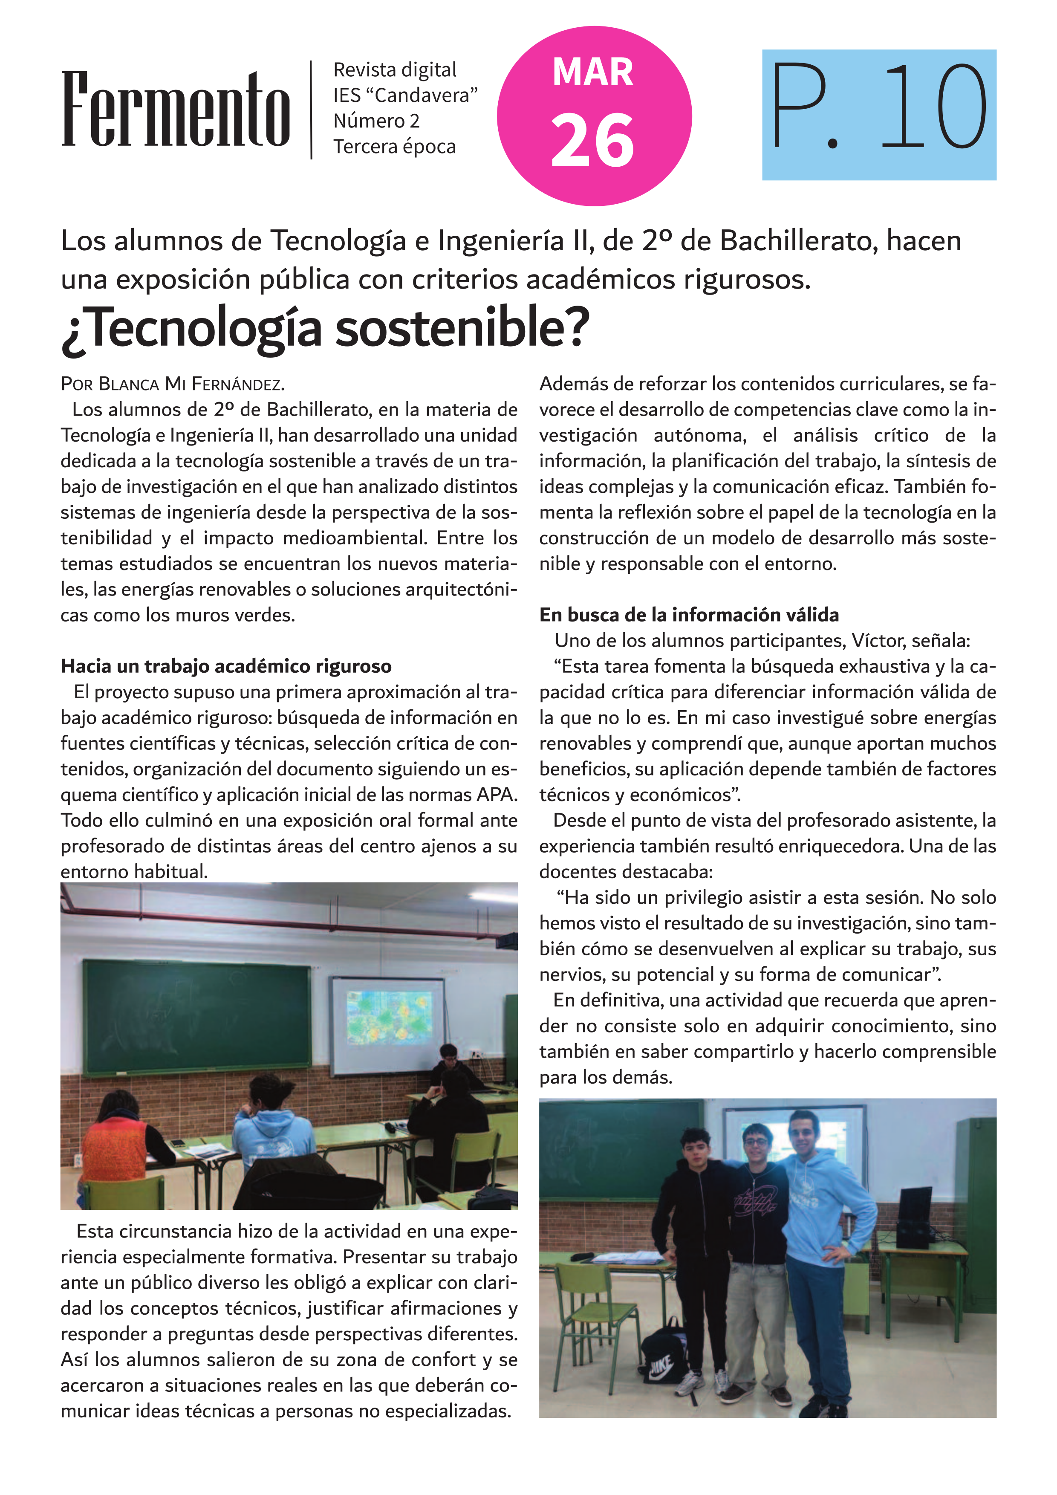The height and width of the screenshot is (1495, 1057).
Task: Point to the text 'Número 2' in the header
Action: [x=376, y=121]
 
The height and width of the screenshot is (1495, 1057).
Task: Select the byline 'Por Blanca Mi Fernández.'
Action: [x=173, y=384]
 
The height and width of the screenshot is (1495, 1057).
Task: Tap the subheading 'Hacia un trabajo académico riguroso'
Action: [x=226, y=666]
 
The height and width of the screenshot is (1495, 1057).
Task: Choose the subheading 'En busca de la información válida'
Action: [x=689, y=615]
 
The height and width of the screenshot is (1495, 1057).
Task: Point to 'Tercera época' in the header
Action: [x=394, y=147]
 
